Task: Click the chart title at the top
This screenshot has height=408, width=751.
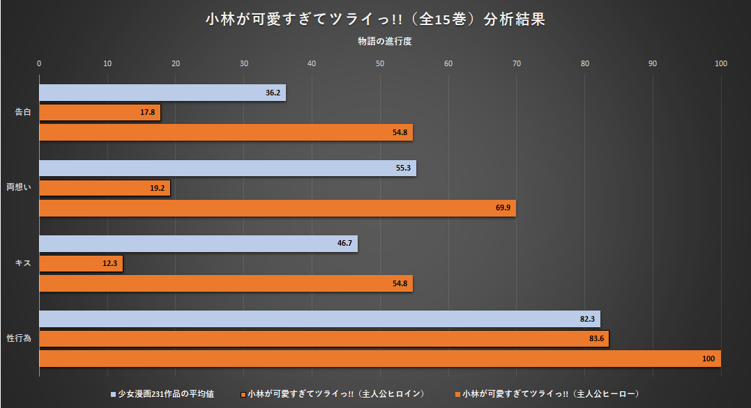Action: pyautogui.click(x=375, y=19)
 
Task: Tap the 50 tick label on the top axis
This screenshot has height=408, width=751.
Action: pyautogui.click(x=380, y=63)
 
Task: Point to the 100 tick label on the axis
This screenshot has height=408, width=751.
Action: pyautogui.click(x=720, y=63)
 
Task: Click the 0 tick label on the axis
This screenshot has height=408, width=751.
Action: pyautogui.click(x=39, y=63)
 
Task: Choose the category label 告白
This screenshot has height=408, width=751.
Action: pyautogui.click(x=23, y=113)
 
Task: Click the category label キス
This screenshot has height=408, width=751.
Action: pyautogui.click(x=23, y=263)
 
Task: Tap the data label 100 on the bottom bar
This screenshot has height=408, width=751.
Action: pyautogui.click(x=708, y=359)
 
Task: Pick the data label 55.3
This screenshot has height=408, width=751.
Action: pyautogui.click(x=403, y=168)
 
